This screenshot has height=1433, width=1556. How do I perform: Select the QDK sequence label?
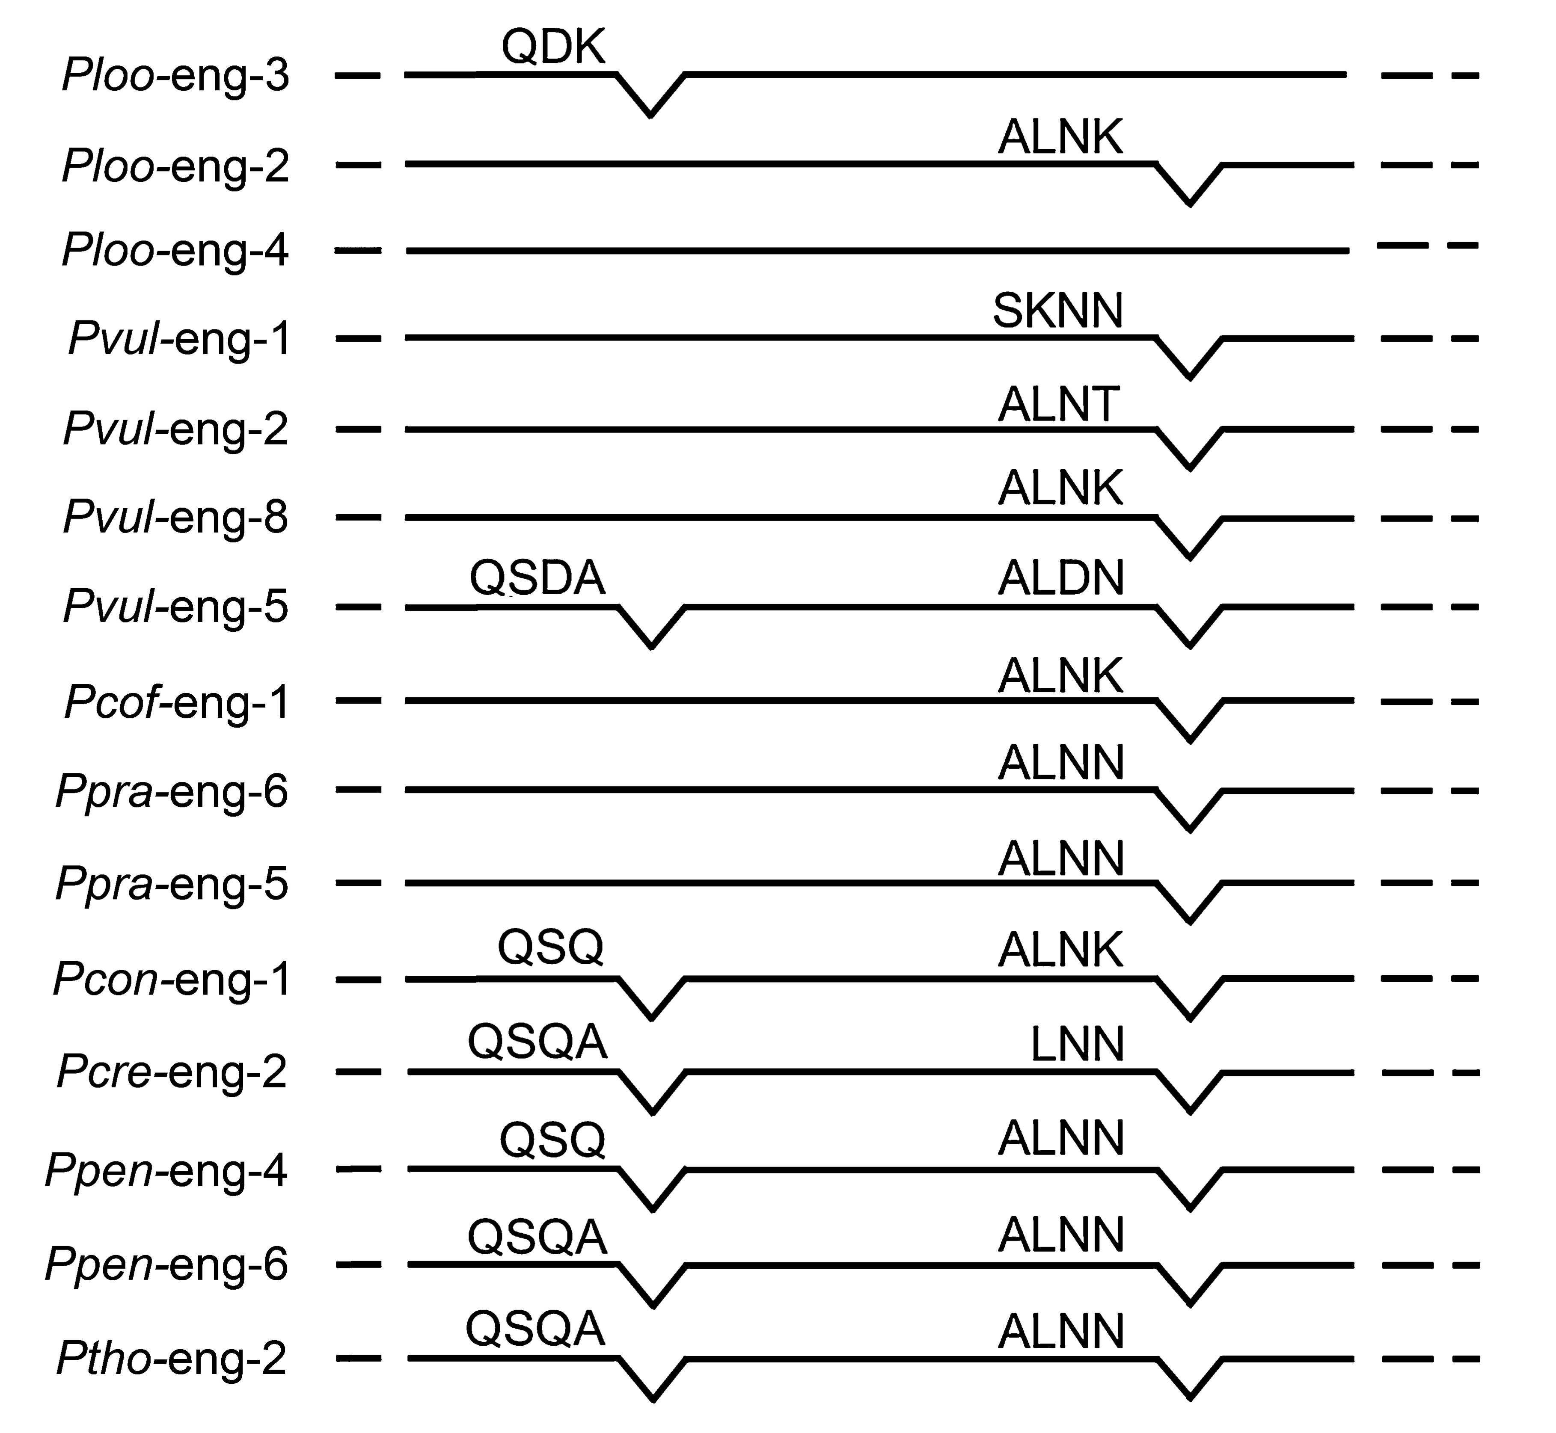[552, 47]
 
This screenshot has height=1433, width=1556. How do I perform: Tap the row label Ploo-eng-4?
[175, 251]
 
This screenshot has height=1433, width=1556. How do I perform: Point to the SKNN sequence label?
[1058, 311]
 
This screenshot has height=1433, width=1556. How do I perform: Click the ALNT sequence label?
[1058, 404]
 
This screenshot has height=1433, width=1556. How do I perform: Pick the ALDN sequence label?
[1060, 578]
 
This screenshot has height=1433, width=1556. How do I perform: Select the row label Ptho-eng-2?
[172, 1359]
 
